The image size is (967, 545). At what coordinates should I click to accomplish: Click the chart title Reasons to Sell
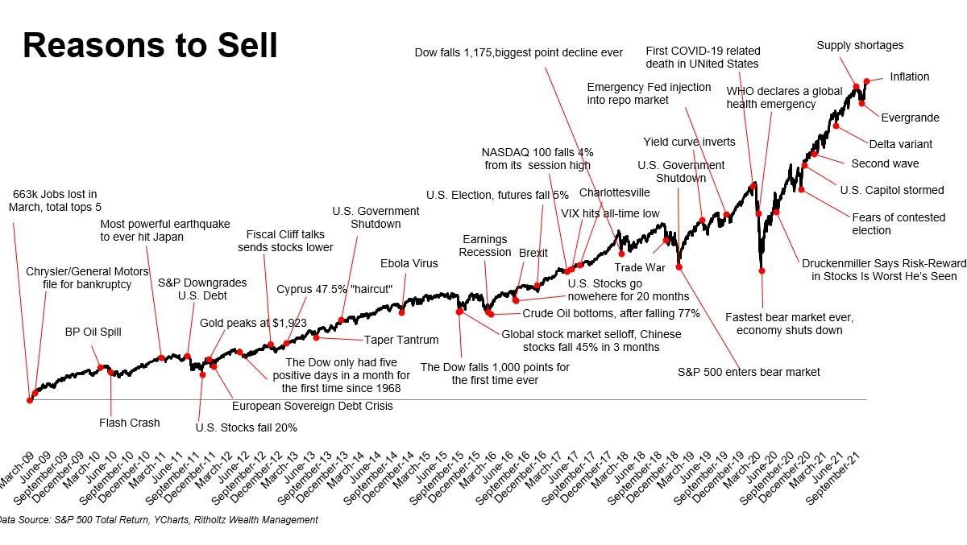point(150,47)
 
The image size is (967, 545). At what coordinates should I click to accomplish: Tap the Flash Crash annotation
point(129,423)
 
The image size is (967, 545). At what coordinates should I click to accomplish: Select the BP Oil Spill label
point(93,332)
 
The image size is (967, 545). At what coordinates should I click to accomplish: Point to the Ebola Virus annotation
point(409,263)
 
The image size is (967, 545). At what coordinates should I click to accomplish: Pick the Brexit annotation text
point(533,253)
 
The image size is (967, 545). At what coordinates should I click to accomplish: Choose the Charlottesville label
point(614,193)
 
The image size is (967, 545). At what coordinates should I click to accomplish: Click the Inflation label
point(909,77)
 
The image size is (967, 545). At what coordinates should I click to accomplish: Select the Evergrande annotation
point(910,118)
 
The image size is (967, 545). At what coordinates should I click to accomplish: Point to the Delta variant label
point(900,145)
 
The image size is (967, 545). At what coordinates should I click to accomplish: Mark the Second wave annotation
point(885,164)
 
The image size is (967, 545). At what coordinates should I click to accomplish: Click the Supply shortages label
point(860,46)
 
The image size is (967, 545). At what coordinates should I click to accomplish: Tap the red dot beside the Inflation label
point(867,81)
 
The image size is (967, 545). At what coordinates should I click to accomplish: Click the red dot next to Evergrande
point(861,103)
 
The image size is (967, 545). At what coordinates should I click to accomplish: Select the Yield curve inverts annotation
point(689,142)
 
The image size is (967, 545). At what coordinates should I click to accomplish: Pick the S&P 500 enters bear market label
point(749,372)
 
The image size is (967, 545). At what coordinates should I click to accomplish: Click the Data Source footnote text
point(159,520)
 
